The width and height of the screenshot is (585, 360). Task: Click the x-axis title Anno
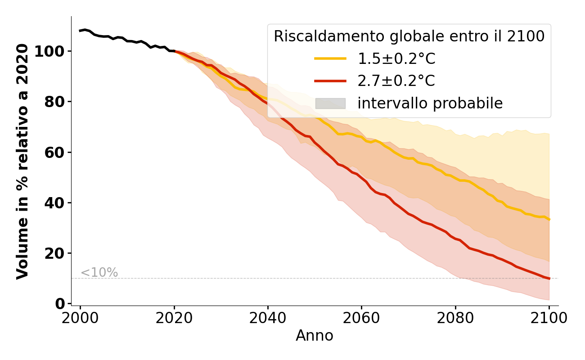click(x=315, y=336)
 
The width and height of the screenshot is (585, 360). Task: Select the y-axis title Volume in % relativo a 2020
click(x=22, y=161)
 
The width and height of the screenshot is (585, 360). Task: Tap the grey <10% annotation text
click(x=99, y=273)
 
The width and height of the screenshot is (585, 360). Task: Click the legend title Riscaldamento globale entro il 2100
click(x=409, y=36)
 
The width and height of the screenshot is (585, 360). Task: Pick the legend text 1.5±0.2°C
click(x=396, y=58)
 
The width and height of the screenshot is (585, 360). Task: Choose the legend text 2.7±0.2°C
click(x=396, y=81)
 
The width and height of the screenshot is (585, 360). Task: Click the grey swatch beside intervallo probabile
click(x=330, y=103)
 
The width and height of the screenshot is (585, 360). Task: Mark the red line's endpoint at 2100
click(x=549, y=279)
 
